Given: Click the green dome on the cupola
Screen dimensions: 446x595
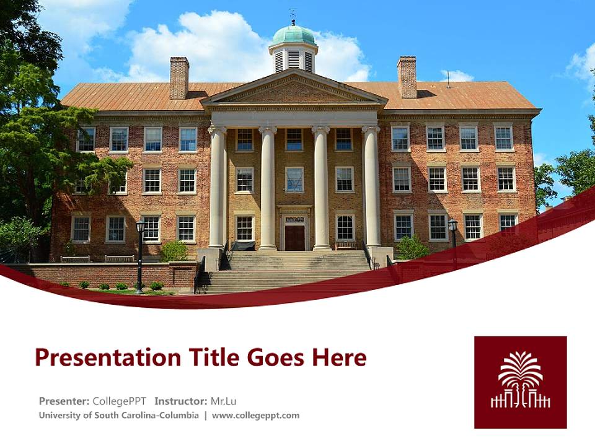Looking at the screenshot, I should [x=293, y=35].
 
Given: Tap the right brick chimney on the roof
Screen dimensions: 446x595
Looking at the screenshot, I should [x=407, y=77].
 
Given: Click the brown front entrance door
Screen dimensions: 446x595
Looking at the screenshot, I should [x=294, y=237].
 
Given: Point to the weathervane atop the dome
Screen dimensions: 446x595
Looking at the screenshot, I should [x=293, y=15].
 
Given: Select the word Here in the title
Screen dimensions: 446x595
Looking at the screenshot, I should [x=339, y=358].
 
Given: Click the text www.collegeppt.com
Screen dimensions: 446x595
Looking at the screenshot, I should [x=255, y=416].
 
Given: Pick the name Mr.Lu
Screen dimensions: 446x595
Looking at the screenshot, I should [x=223, y=401].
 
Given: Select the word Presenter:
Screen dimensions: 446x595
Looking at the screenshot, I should [x=64, y=401].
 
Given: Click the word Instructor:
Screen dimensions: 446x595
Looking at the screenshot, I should [x=181, y=401].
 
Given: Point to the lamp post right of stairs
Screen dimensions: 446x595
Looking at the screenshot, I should [x=453, y=238].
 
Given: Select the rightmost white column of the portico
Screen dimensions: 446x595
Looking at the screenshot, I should [x=371, y=187].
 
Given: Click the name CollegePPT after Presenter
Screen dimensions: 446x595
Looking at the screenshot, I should [x=119, y=401].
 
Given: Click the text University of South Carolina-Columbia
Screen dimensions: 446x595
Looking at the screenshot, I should [x=119, y=416].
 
